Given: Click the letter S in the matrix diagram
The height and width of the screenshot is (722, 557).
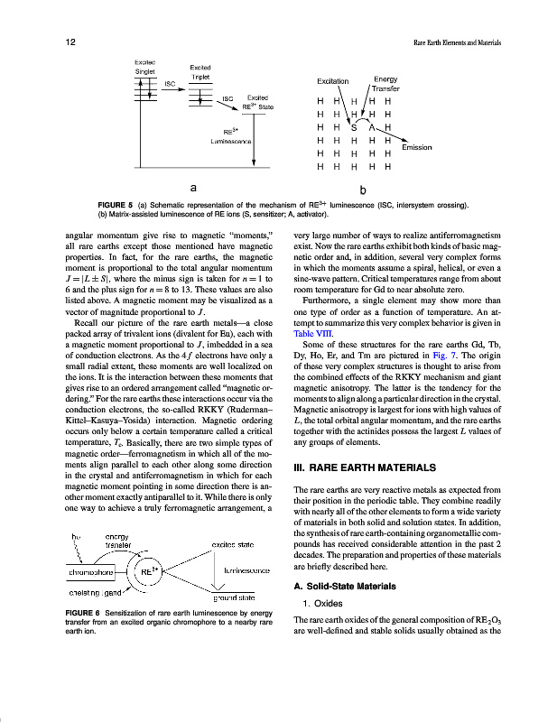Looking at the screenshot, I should point(355,127).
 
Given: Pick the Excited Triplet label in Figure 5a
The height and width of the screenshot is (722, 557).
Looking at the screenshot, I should point(200,73).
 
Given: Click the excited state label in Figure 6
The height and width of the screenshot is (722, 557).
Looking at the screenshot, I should point(237,545).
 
